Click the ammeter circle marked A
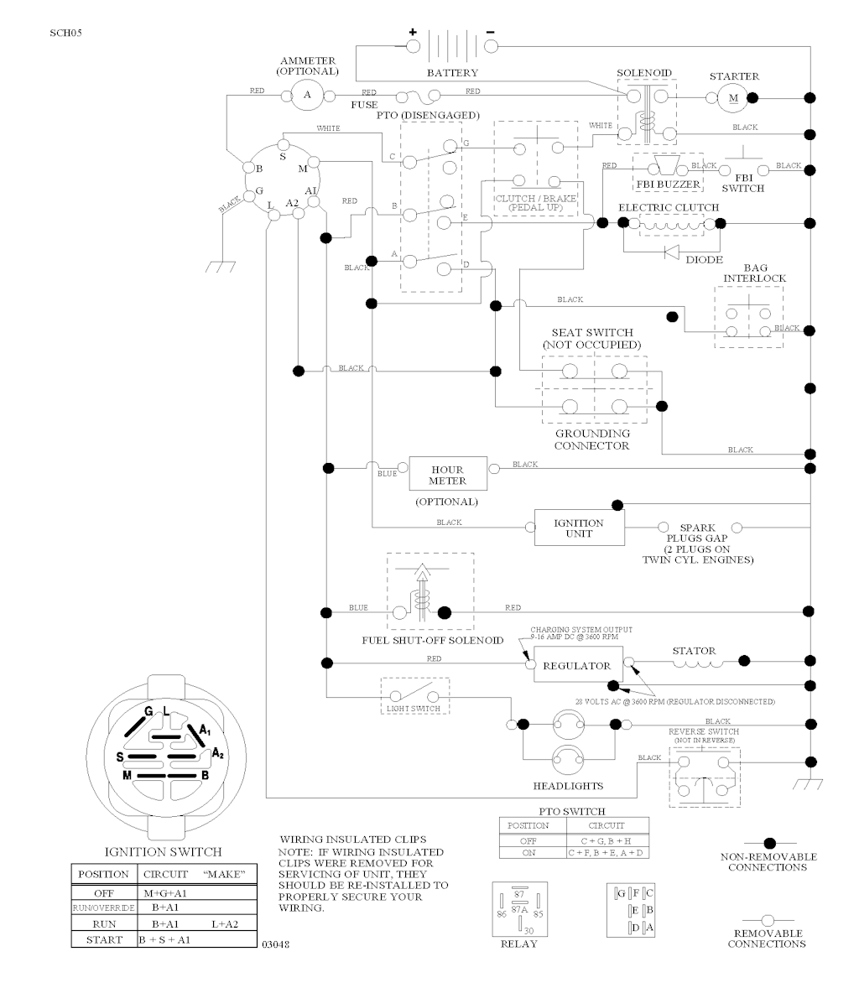click(x=306, y=95)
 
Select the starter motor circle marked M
click(x=732, y=98)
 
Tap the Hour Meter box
click(x=447, y=475)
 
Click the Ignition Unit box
click(x=579, y=528)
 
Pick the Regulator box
click(x=577, y=665)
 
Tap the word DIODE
click(x=703, y=260)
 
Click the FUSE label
click(x=364, y=105)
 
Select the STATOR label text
click(x=694, y=650)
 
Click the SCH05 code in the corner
click(x=65, y=34)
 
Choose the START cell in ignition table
click(x=104, y=939)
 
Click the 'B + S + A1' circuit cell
click(x=165, y=939)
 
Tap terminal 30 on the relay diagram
click(x=528, y=930)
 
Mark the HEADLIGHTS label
click(x=568, y=786)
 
